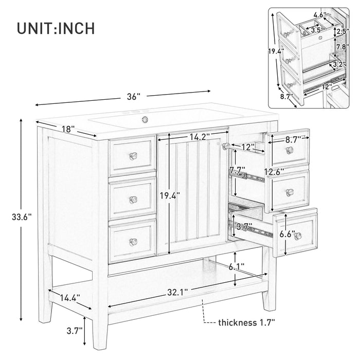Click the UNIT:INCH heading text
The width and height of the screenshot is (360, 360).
point(56,28)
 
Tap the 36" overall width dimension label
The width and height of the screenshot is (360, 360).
point(133,97)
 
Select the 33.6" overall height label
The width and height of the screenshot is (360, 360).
point(22,217)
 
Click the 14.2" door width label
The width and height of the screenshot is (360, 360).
point(200,137)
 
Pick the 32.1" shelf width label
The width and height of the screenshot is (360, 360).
point(177,292)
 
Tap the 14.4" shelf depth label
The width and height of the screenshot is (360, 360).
point(70,298)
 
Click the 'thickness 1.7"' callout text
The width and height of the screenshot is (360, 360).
point(246,322)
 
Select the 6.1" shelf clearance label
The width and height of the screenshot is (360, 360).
point(236,267)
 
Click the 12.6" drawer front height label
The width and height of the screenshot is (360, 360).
point(274,171)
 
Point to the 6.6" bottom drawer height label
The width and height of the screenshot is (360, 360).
point(287,234)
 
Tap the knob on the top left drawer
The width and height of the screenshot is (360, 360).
point(133,156)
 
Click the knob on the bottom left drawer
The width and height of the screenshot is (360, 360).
point(133,242)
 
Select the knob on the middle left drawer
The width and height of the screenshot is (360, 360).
point(133,200)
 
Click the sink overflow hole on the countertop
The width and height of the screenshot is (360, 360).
point(145,119)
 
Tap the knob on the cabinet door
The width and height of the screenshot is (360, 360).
point(226,146)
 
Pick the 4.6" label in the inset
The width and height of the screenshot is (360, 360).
point(320,15)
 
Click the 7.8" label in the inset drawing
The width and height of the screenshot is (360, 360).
point(343,47)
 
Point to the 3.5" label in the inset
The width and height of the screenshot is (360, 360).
point(317,30)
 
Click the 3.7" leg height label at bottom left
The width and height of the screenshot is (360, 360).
point(75,331)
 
